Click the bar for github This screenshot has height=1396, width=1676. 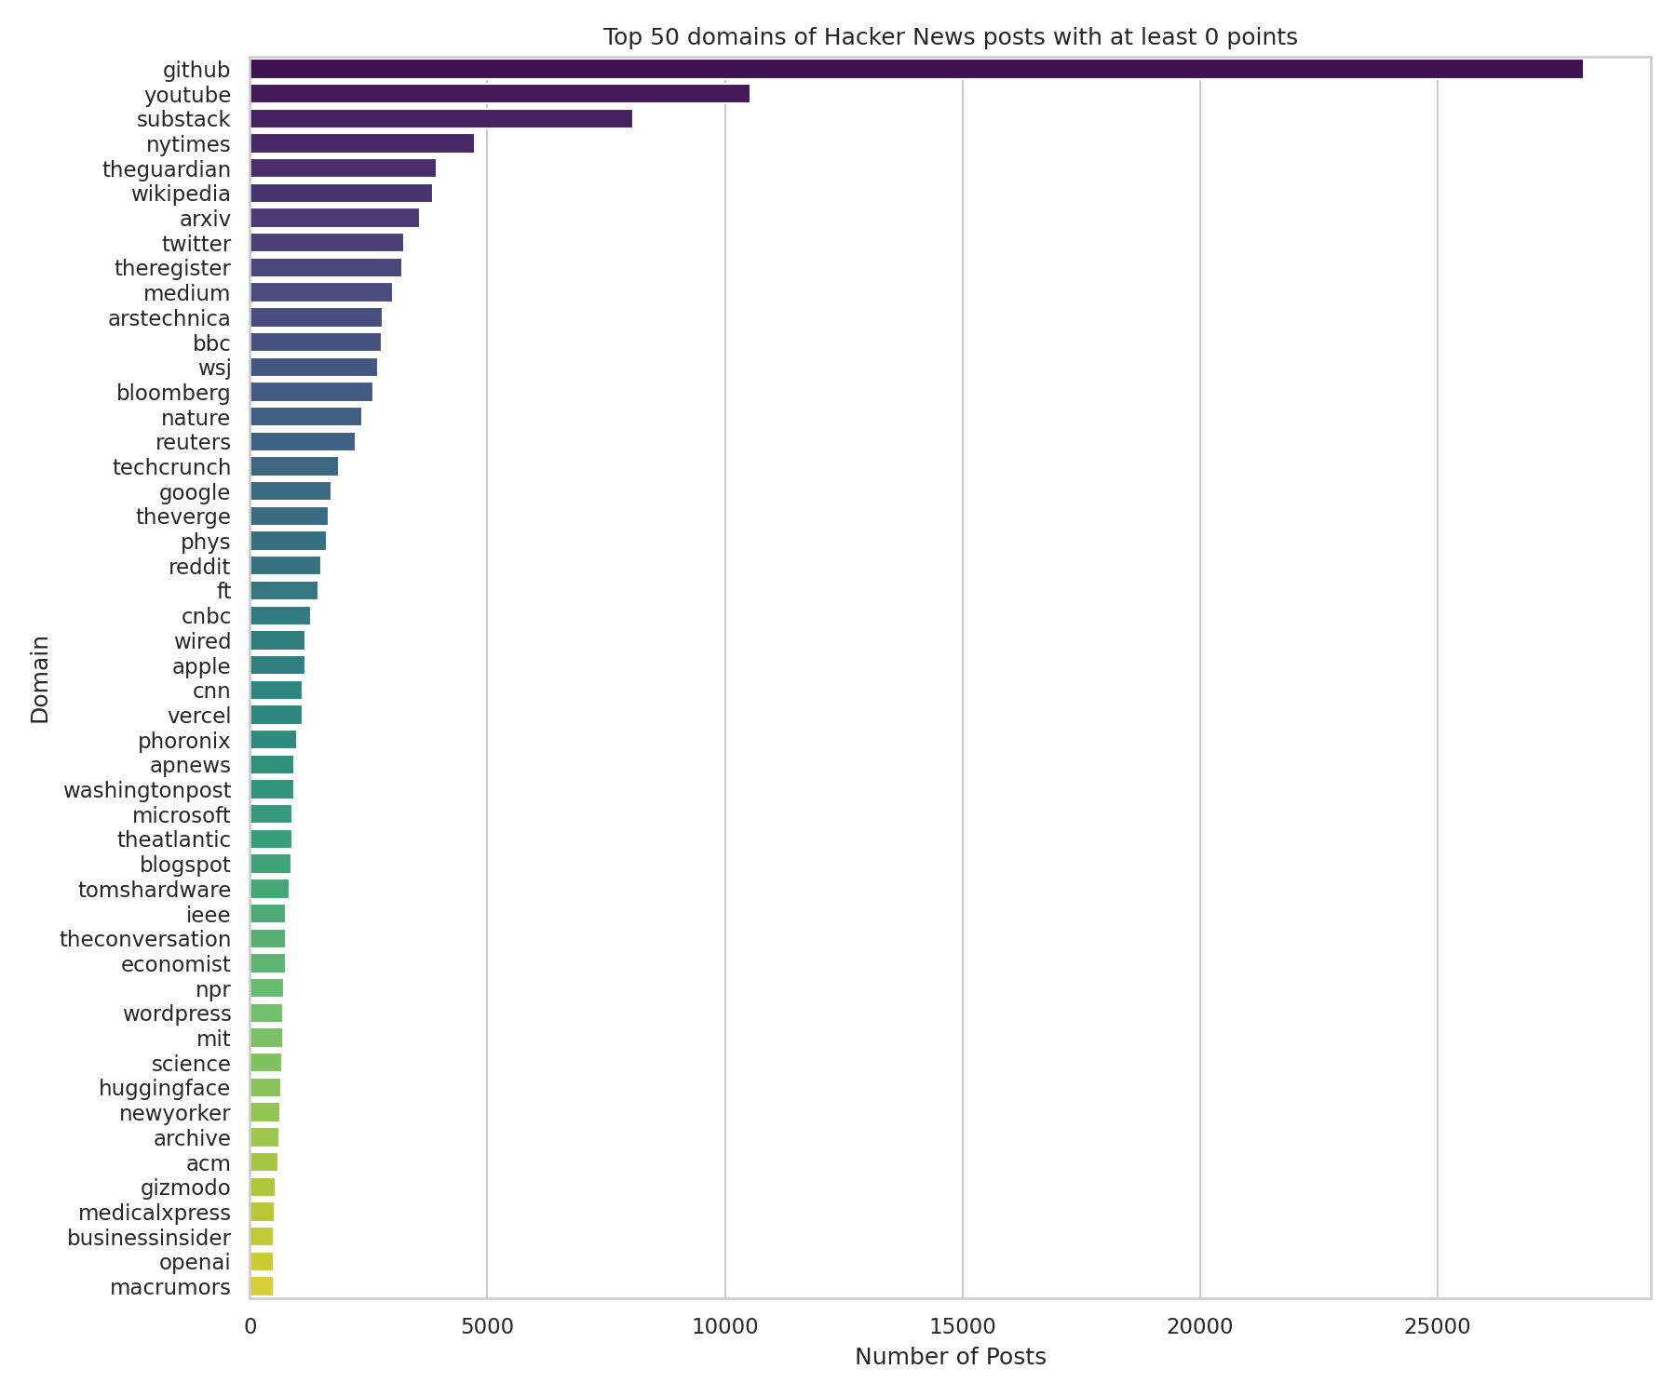pyautogui.click(x=916, y=69)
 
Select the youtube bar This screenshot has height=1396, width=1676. pyautogui.click(x=499, y=94)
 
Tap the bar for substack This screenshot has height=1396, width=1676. pyautogui.click(x=440, y=119)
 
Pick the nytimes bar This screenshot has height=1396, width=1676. pyautogui.click(x=361, y=143)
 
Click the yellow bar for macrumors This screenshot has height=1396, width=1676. pyautogui.click(x=261, y=1287)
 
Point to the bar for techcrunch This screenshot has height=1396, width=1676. pyautogui.click(x=293, y=466)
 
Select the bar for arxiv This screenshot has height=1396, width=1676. pyautogui.click(x=334, y=219)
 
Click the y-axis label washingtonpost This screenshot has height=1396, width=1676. pyautogui.click(x=146, y=790)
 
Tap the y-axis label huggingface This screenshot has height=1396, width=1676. pyautogui.click(x=164, y=1088)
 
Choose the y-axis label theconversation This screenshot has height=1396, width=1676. pyautogui.click(x=144, y=939)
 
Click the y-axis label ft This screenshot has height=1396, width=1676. pyautogui.click(x=223, y=591)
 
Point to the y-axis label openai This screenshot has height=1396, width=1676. pyautogui.click(x=195, y=1262)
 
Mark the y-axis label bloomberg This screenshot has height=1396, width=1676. pyautogui.click(x=173, y=393)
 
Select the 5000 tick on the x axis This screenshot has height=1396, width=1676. pyautogui.click(x=487, y=1324)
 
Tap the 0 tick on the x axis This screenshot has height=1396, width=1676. pyautogui.click(x=250, y=1324)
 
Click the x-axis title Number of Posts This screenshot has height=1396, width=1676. pyautogui.click(x=950, y=1357)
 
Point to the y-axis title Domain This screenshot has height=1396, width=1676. pyautogui.click(x=40, y=679)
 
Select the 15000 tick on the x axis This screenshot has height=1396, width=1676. pyautogui.click(x=962, y=1324)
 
